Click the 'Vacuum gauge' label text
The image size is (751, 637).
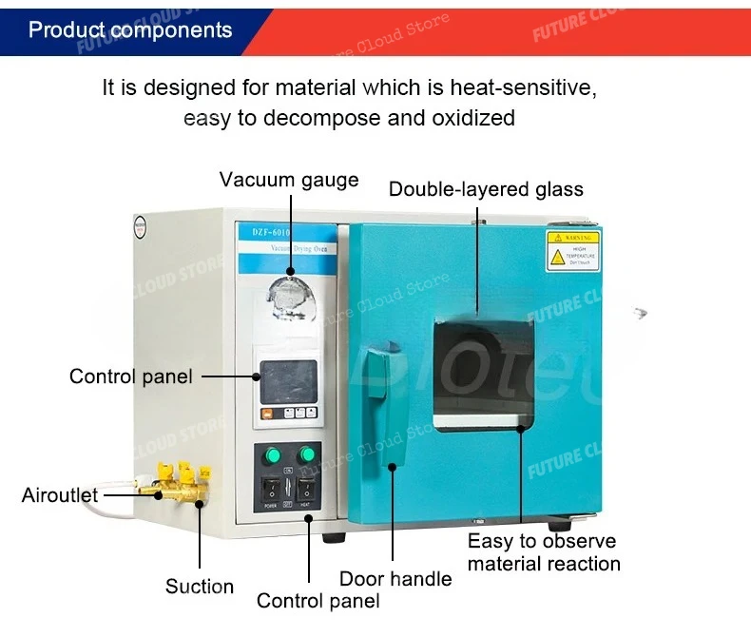[x=289, y=180]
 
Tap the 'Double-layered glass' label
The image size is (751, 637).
[x=486, y=189]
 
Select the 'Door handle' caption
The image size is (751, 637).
[x=395, y=578]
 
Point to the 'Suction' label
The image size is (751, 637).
[x=200, y=586]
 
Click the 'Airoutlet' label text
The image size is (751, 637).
[x=59, y=495]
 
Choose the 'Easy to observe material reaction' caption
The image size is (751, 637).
[x=543, y=552]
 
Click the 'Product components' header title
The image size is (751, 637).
[x=130, y=29]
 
